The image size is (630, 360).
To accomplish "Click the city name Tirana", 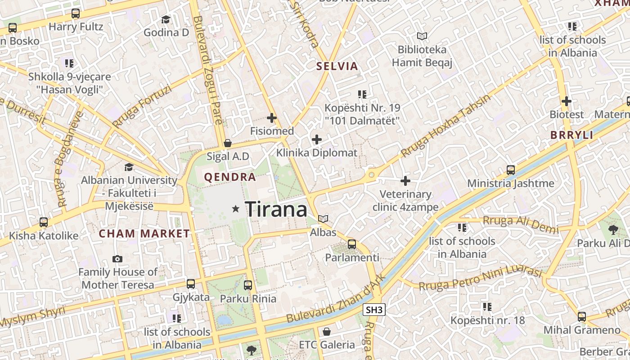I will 276,209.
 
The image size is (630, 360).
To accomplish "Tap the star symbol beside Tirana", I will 235,209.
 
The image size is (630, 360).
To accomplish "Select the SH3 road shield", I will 374,310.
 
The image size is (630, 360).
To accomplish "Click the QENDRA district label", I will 230,177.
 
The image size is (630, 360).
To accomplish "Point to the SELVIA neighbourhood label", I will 337,66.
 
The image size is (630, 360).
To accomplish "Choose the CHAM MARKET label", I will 144,234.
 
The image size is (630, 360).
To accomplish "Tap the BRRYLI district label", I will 571,135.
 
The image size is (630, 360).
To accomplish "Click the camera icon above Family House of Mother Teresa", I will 117,259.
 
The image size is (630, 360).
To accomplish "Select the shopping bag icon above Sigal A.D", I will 228,144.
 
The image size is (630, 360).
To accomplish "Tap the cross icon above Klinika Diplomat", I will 317,139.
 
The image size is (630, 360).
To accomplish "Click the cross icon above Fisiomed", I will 272,118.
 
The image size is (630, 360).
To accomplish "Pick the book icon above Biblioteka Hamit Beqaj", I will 422,36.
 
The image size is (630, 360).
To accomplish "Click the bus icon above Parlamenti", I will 352,244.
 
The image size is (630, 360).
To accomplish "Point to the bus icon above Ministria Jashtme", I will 511,170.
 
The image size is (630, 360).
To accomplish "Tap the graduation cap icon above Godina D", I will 166,19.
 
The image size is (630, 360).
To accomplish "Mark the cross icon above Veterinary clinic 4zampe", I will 405,181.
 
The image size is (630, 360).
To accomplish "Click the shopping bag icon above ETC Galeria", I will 327,332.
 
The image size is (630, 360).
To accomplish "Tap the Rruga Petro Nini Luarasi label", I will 480,278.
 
